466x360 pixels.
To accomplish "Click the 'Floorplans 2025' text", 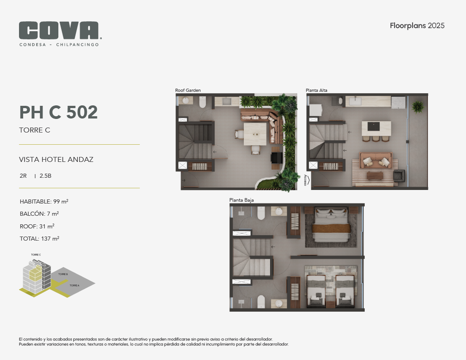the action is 417,25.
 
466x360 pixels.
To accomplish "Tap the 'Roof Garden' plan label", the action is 188,90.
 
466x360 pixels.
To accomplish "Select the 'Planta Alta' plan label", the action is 317,90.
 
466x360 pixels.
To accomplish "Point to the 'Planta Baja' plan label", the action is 241,200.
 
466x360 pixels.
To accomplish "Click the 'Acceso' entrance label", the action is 305,180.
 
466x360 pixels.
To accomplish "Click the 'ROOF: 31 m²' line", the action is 37,226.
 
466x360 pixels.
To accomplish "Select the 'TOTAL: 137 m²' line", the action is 39,238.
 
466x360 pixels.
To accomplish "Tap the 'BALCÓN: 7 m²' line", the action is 39,213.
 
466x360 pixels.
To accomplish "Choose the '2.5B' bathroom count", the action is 46,176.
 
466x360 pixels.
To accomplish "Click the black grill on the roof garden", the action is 277,158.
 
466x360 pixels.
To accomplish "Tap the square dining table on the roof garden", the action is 255,134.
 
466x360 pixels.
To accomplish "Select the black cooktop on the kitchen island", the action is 374,127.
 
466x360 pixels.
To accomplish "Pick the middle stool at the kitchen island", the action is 376,138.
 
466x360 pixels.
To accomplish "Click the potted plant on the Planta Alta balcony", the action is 418,106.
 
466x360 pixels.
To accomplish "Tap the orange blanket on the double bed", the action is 331,228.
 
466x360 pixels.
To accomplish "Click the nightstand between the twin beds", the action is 330,304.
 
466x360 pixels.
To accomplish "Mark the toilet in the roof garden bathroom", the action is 202,102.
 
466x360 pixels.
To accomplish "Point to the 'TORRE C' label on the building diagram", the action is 36,255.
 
